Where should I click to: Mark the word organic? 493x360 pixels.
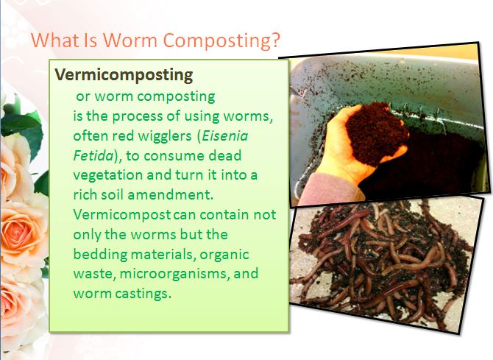point(224,254)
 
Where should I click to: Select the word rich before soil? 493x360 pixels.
point(86,195)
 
